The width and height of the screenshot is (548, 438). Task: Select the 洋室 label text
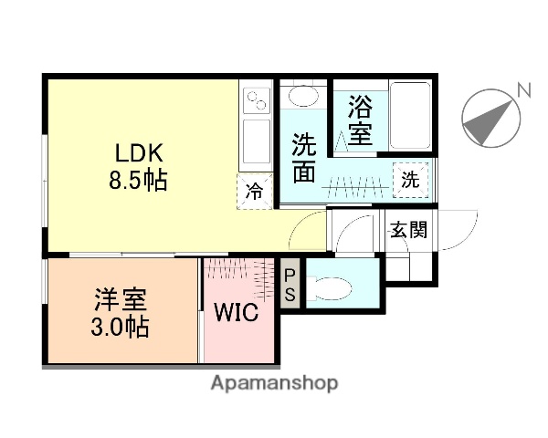121,299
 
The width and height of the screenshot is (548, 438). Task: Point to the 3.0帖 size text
121,326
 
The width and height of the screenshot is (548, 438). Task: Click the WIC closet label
236,312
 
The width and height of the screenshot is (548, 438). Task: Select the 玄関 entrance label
408,228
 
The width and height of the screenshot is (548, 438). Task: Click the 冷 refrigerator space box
256,191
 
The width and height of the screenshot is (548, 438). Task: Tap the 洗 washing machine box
410,180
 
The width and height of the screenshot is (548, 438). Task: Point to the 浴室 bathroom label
359,120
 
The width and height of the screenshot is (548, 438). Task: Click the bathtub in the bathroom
410,114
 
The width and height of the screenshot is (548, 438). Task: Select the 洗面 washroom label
305,157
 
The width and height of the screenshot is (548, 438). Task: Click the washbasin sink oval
300,96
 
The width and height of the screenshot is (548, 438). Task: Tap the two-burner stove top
256,98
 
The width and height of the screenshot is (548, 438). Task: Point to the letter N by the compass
523,89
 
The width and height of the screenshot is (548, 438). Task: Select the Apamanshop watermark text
274,383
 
